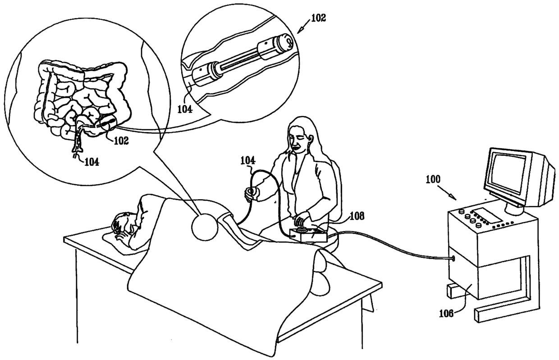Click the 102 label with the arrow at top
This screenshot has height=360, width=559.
(x=318, y=18)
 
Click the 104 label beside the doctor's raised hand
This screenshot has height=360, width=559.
(x=247, y=160)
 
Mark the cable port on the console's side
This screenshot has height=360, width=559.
(x=454, y=259)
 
